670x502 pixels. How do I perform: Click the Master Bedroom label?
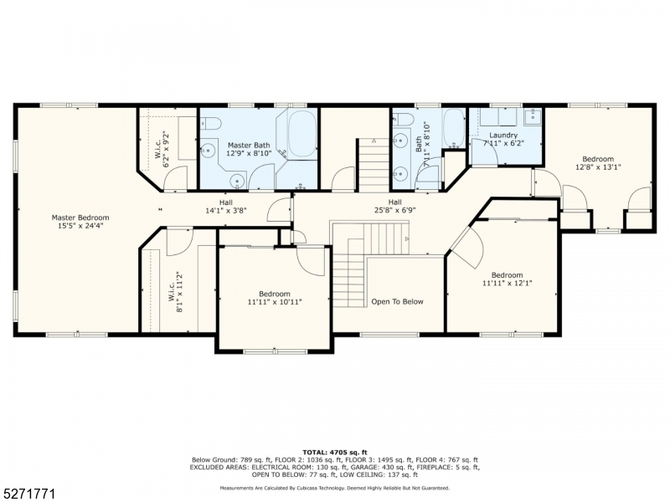point(80,218)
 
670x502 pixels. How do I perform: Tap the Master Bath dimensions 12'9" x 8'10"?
point(249,153)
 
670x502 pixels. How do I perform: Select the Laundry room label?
point(503,136)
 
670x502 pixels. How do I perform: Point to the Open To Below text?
point(397,302)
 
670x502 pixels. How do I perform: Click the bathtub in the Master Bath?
point(302,134)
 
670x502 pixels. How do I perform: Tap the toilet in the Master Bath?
point(210,124)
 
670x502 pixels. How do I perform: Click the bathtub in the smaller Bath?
point(454,127)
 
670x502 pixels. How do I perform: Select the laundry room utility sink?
point(533,115)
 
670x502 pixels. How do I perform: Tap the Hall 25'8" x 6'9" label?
point(395,206)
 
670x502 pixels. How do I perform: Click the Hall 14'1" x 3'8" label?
point(226,206)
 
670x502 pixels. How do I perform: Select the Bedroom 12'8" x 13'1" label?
point(598,163)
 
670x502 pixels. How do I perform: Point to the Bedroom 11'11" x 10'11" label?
point(275,298)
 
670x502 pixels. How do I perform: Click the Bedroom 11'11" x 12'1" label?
point(508,279)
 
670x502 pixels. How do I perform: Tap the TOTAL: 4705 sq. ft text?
point(335,453)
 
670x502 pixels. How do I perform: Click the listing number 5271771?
point(28,494)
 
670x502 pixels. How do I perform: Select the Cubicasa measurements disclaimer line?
point(334,488)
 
